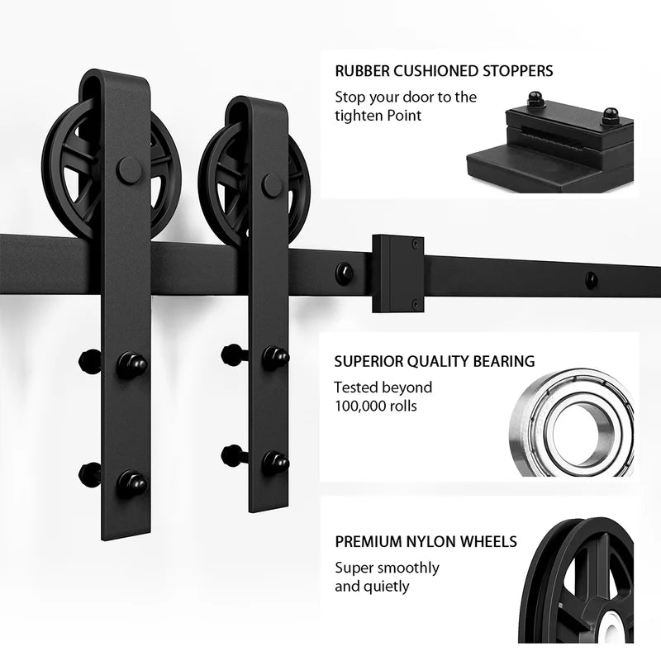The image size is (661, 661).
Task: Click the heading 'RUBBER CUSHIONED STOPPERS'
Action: tap(444, 71)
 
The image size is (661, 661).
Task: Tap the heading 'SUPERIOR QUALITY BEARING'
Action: tap(434, 361)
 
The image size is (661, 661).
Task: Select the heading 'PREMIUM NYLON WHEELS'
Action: tap(426, 542)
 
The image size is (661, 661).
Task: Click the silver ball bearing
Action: tap(570, 421)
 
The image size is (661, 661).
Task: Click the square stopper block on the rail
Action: tap(397, 273)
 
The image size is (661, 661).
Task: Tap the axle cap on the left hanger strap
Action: tap(130, 170)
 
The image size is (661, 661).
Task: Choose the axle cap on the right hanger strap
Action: tap(272, 185)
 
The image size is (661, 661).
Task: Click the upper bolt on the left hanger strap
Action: tap(131, 364)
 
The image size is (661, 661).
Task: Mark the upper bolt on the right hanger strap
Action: tap(275, 357)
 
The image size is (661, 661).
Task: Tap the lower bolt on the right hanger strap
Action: tap(275, 461)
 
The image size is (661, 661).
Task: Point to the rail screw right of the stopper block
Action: tap(590, 279)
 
